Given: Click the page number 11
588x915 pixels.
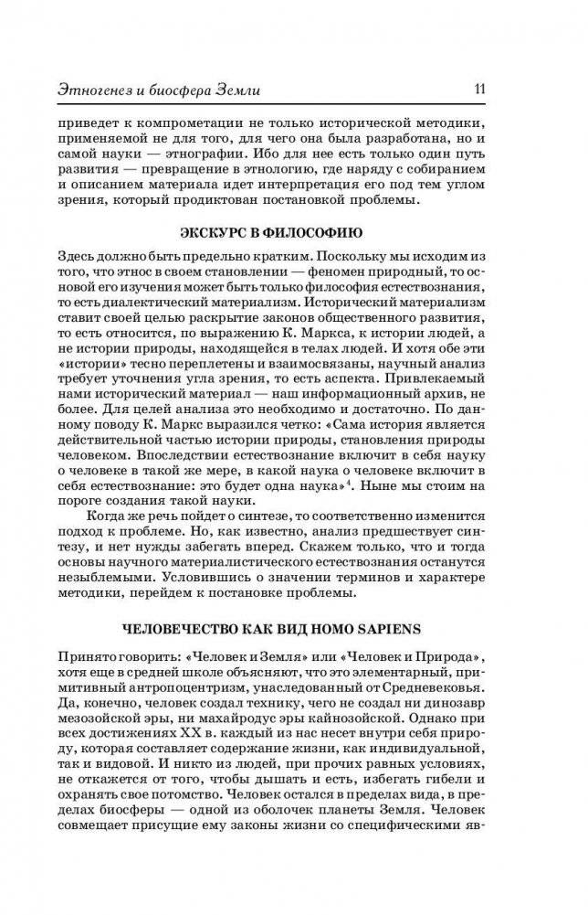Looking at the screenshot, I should click(478, 88).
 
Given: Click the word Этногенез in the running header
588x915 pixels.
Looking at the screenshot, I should click(100, 89).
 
